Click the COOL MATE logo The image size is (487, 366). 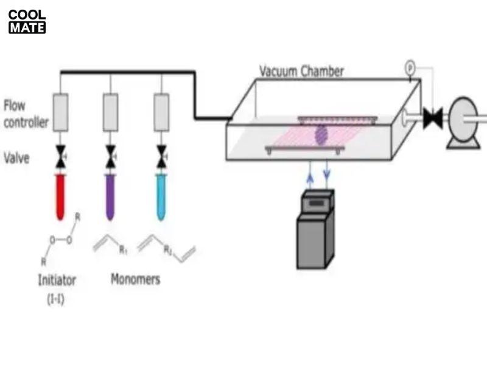click(x=27, y=22)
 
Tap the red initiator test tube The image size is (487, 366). click(x=60, y=196)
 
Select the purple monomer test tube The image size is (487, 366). click(x=110, y=196)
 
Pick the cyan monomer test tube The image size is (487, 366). click(x=161, y=196)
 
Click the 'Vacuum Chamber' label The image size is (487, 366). click(x=301, y=71)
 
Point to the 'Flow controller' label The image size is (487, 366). click(x=26, y=114)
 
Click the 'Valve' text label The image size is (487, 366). click(x=17, y=159)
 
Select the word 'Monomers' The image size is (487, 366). click(x=135, y=279)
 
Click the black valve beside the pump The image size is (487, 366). click(x=433, y=118)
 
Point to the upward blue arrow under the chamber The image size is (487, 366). click(x=310, y=176)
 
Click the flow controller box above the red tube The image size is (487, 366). click(x=60, y=112)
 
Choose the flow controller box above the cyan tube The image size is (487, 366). click(x=161, y=112)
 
